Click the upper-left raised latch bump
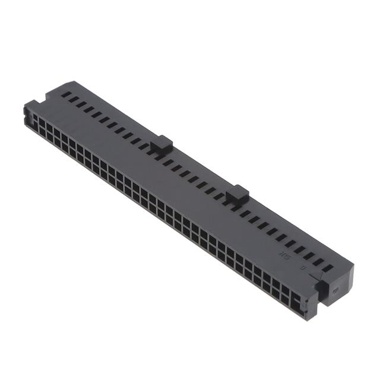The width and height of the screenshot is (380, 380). click(x=161, y=143)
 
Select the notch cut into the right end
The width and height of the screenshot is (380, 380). click(x=321, y=289)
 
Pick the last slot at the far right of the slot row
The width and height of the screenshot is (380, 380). click(x=327, y=268)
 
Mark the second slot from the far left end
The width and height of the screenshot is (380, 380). click(x=72, y=99)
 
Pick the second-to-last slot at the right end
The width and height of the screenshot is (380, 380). click(x=318, y=262)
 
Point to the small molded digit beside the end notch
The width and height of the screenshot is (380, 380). click(x=303, y=268)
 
